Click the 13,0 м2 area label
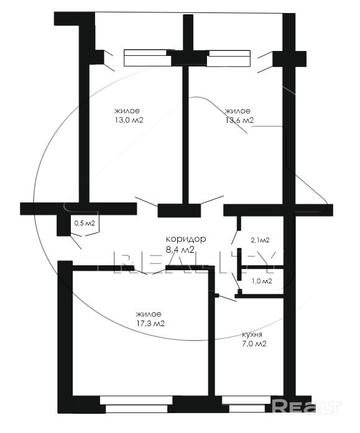click(x=129, y=121)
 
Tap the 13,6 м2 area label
click(x=239, y=121)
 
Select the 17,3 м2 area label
click(x=150, y=324)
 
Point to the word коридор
click(x=186, y=239)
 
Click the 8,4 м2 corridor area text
click(x=180, y=250)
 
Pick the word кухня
click(x=252, y=335)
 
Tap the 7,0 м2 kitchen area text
click(x=254, y=344)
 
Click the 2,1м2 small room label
click(x=260, y=240)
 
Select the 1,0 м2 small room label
click(x=262, y=281)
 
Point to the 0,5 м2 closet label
click(x=85, y=223)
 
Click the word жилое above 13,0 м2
click(x=127, y=111)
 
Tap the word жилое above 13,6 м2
click(x=238, y=111)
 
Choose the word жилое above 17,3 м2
click(x=149, y=314)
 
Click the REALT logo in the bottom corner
click(x=307, y=406)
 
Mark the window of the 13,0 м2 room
click(x=148, y=58)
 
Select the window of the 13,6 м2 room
click(x=228, y=58)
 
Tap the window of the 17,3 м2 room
click(x=137, y=404)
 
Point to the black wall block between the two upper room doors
click(x=179, y=211)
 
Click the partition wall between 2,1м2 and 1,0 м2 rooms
click(x=261, y=267)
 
